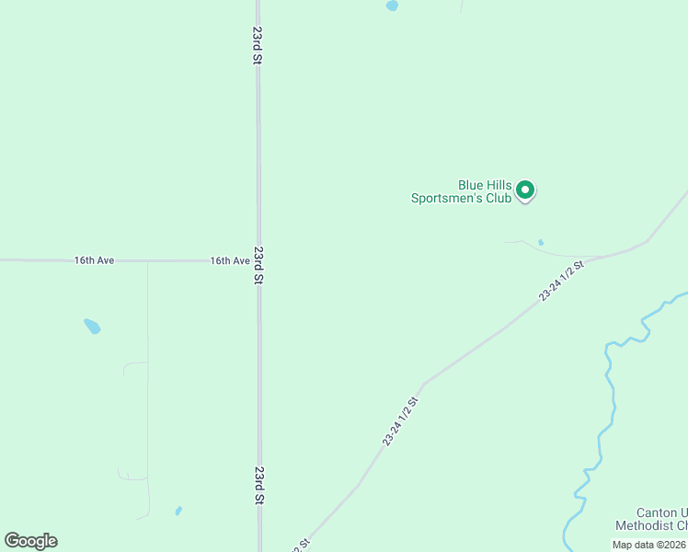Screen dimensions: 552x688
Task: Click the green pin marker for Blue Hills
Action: (x=525, y=190)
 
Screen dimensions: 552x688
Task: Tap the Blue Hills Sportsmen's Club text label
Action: (x=460, y=190)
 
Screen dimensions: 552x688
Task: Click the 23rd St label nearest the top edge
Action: (x=258, y=44)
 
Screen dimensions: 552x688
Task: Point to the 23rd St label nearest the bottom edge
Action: (x=259, y=485)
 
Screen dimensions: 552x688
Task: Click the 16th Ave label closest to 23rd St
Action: (x=230, y=260)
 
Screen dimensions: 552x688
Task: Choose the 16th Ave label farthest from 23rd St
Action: (x=94, y=260)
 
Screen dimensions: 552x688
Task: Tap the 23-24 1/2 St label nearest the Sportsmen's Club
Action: (x=561, y=281)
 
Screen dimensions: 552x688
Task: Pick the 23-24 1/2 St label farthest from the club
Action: (x=401, y=421)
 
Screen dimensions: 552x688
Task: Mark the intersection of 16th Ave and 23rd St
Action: (x=258, y=260)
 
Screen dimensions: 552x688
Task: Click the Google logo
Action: (x=30, y=541)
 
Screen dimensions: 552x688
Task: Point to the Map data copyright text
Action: (x=649, y=545)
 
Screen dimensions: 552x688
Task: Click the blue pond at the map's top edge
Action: (x=392, y=6)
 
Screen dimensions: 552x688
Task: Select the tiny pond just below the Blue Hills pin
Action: (x=541, y=243)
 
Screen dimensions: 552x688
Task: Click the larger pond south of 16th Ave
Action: (x=92, y=326)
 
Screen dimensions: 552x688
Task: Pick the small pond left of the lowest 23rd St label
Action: (x=178, y=511)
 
